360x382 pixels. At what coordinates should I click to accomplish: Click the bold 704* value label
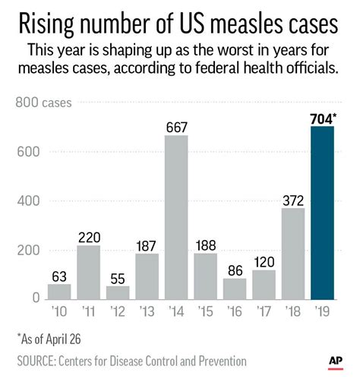326,118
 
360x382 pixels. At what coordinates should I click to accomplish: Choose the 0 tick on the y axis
35,298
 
